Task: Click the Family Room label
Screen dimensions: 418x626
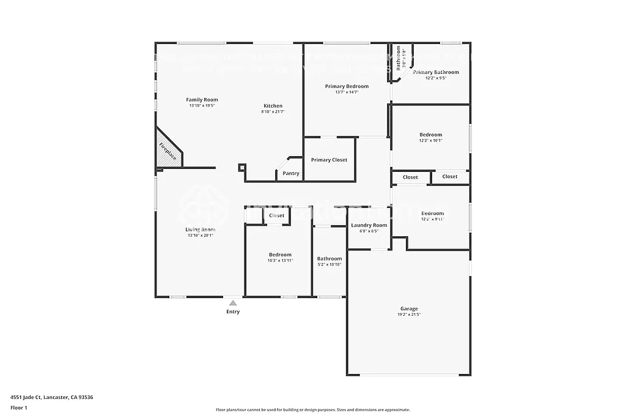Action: [x=202, y=100]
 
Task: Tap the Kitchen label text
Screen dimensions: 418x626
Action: [x=273, y=106]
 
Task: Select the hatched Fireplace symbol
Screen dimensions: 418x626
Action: [x=167, y=151]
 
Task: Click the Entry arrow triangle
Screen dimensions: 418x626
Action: [x=233, y=302]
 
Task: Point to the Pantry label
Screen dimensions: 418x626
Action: [x=291, y=173]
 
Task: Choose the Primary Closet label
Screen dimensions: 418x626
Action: [x=329, y=160]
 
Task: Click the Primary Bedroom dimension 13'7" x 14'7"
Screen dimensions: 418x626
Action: [x=347, y=92]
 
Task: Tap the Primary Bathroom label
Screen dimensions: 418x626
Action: [x=435, y=72]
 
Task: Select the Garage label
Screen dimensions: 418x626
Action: [x=409, y=309]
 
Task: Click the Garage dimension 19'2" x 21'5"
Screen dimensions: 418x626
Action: [x=409, y=315]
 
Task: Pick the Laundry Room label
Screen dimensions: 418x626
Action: [x=369, y=225]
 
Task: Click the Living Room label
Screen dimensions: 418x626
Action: [x=201, y=230]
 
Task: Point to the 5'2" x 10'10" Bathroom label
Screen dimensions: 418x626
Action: [x=330, y=259]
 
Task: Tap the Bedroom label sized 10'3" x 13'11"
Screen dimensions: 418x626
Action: [x=280, y=255]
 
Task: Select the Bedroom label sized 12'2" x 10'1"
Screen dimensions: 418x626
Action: [x=430, y=135]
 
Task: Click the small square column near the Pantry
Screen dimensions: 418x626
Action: [x=242, y=166]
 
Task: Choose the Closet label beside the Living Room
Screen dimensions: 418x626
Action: [x=276, y=215]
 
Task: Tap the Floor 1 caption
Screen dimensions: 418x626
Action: [x=19, y=407]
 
